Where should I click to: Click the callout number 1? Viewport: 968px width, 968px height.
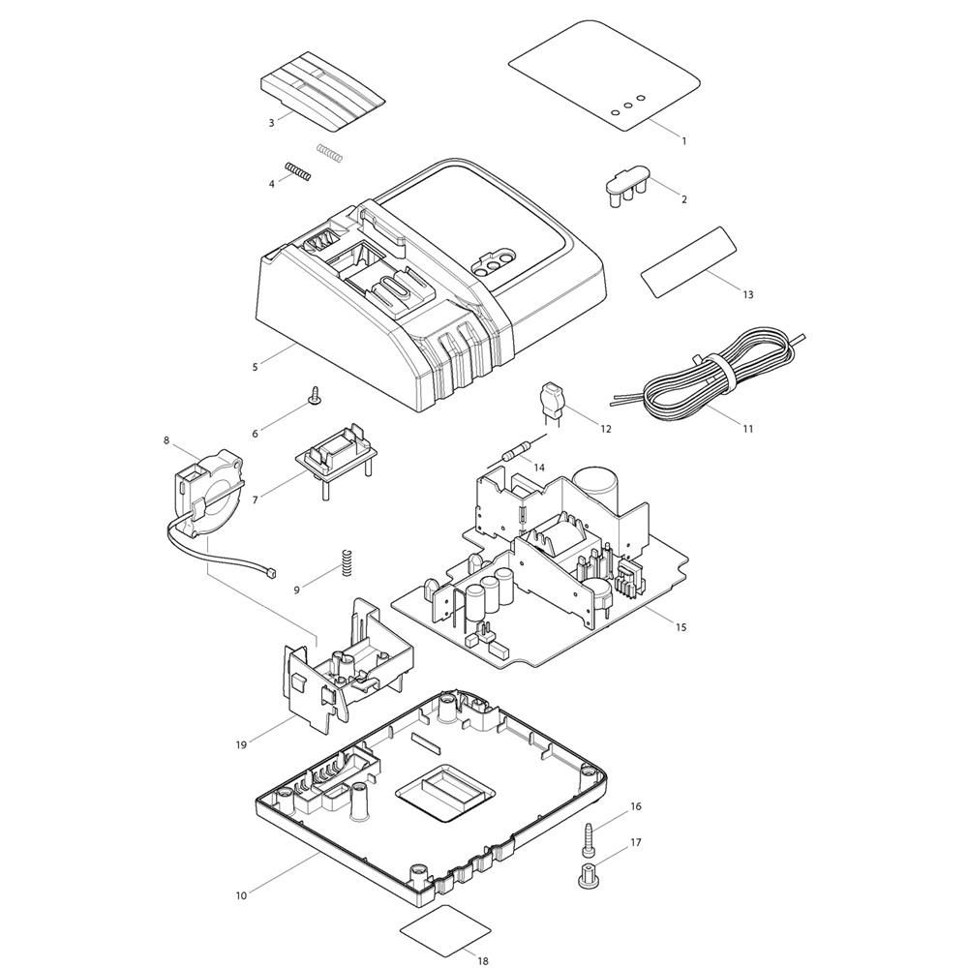(683, 140)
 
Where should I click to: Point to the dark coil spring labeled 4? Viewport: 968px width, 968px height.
(297, 171)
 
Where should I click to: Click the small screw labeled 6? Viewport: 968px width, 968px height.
(317, 396)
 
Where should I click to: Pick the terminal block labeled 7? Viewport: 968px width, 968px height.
(337, 463)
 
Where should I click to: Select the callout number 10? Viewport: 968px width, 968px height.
(241, 895)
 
